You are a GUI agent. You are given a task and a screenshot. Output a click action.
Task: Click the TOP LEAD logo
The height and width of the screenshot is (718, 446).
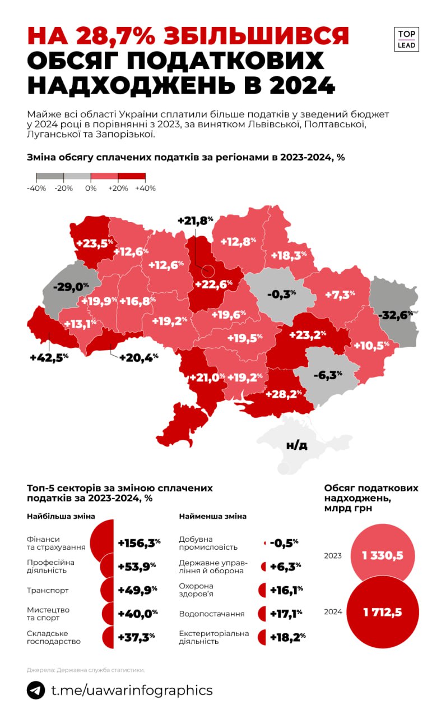click(x=406, y=39)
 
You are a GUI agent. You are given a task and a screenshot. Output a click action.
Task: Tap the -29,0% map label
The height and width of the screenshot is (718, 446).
click(x=71, y=286)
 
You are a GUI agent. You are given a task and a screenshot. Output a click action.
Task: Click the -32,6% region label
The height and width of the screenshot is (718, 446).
click(x=396, y=315)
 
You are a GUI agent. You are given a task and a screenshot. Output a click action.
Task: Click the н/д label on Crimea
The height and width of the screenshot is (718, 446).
click(x=296, y=445)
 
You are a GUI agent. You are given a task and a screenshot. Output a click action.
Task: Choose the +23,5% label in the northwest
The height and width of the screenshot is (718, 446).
click(x=95, y=243)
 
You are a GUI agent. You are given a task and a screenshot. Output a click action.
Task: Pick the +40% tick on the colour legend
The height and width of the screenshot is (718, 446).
click(x=145, y=188)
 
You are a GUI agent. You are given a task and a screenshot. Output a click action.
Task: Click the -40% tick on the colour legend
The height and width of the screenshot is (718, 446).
click(x=36, y=188)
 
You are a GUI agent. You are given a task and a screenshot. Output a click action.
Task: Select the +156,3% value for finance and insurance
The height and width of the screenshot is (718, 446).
click(x=139, y=542)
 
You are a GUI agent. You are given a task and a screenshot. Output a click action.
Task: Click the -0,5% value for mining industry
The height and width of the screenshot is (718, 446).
click(x=284, y=542)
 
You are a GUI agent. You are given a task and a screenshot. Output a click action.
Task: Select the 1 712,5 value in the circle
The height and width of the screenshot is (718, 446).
click(x=383, y=611)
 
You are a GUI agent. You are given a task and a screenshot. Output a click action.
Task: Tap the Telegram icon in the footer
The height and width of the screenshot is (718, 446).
click(x=36, y=689)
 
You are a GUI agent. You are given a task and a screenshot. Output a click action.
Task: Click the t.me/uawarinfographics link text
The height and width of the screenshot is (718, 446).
click(x=132, y=689)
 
